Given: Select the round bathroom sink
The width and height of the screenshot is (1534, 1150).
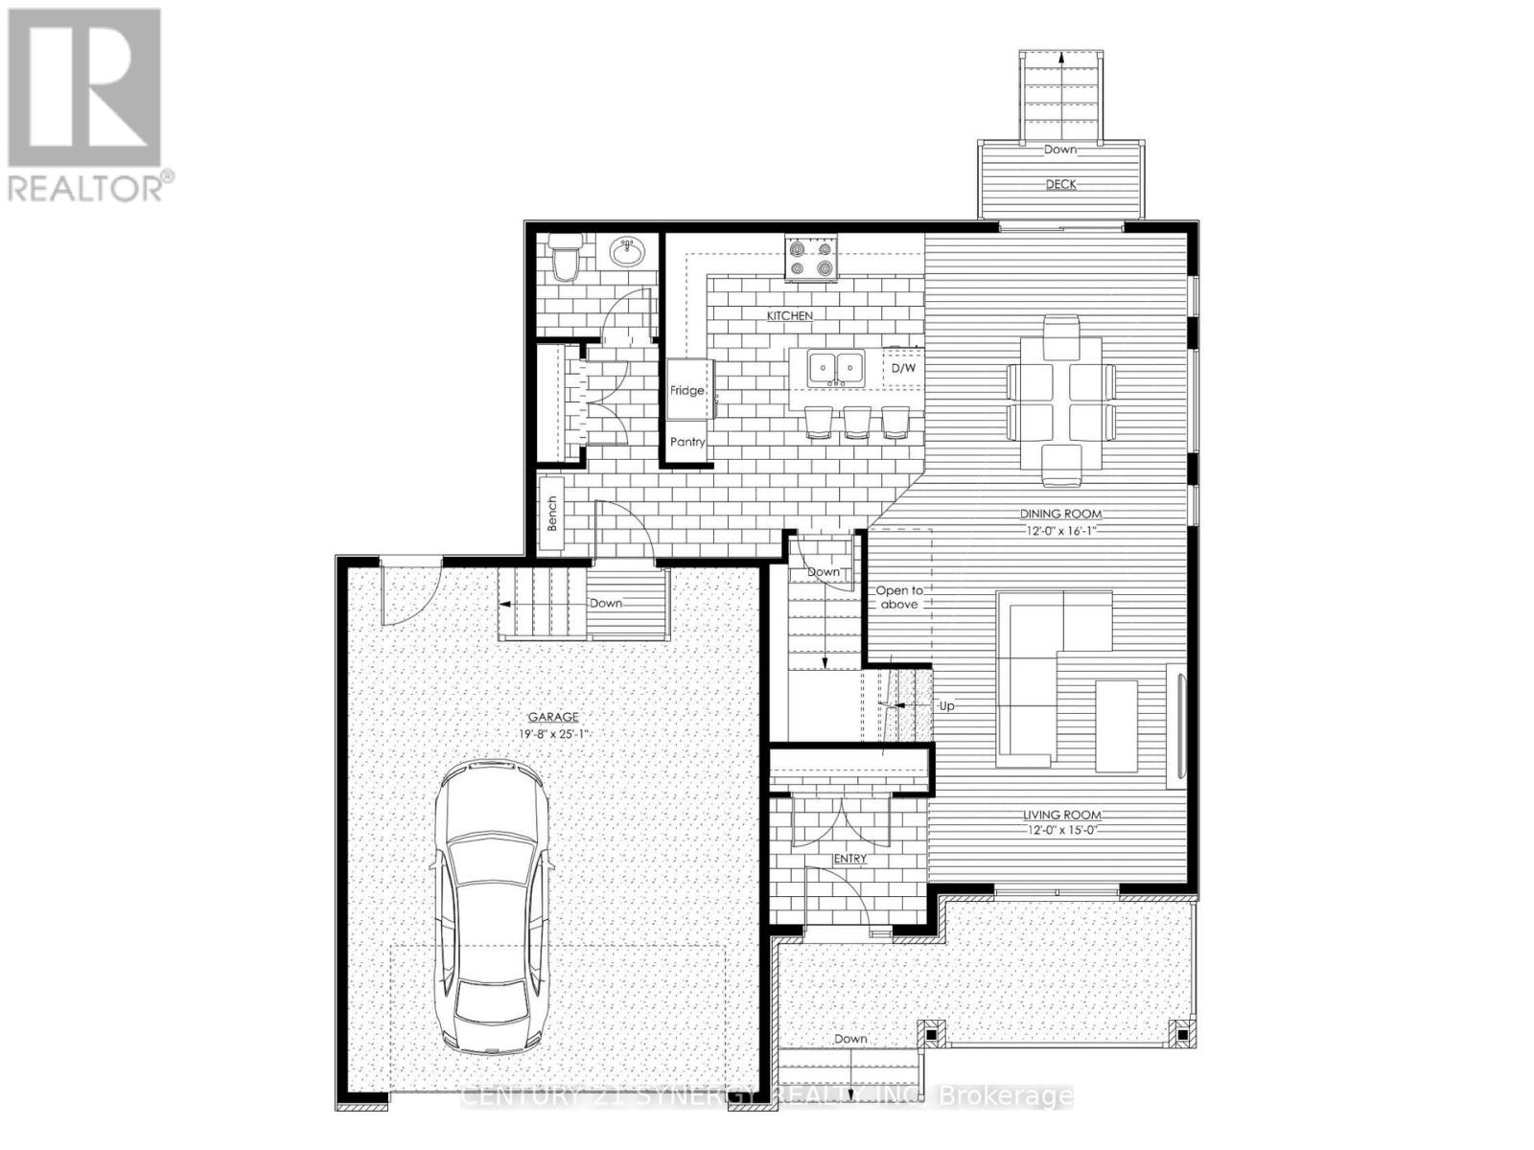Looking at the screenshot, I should [628, 253].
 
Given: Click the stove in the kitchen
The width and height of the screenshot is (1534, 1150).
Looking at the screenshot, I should [811, 259].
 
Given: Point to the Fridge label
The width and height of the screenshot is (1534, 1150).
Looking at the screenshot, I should [686, 391].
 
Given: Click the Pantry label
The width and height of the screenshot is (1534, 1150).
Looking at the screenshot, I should [687, 442].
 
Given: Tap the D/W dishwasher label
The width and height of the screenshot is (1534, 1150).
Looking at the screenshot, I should [903, 368].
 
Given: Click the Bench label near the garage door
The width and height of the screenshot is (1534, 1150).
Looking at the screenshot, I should [552, 514].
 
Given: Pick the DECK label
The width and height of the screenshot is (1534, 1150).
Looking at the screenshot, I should [1060, 184].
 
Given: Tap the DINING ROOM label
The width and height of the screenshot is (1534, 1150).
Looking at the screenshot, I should [1060, 514].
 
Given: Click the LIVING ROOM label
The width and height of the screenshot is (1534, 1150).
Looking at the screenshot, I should [1060, 816].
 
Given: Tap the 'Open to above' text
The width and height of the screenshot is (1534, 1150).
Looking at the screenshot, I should [898, 597].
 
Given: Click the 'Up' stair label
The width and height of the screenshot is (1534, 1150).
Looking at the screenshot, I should [946, 706].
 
